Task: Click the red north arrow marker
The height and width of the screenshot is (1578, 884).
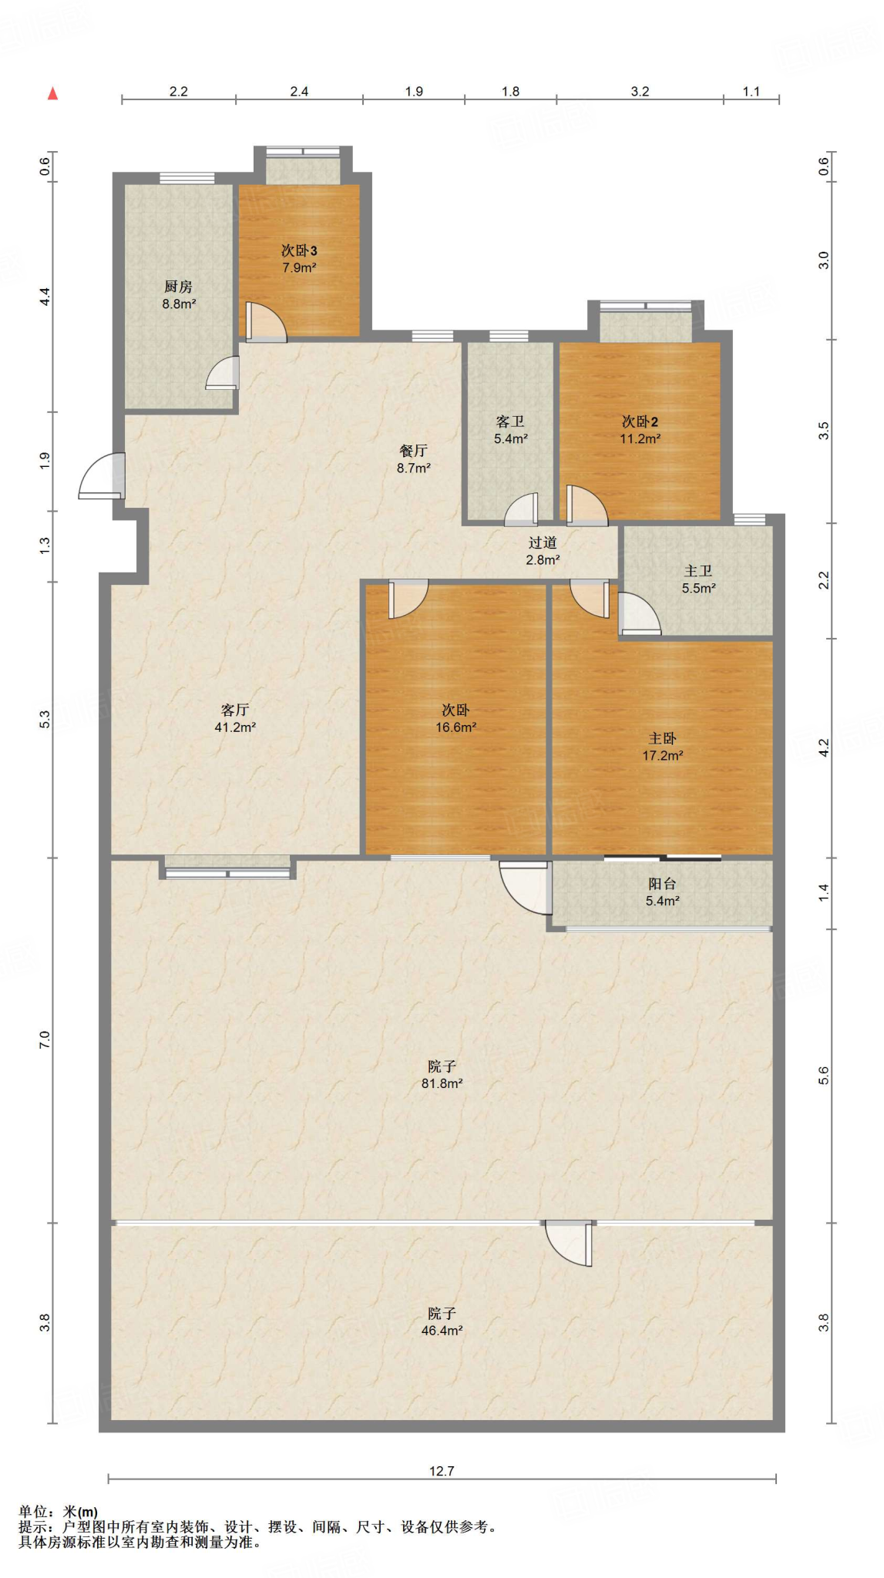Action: point(52,94)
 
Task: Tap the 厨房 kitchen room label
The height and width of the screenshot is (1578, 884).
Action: point(178,287)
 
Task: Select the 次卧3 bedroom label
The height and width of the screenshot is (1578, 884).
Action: point(299,250)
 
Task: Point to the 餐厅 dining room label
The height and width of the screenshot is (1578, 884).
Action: point(413,451)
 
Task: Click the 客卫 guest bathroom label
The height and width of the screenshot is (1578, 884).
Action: point(510,421)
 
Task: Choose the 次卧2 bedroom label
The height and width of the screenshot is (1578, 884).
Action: point(640,421)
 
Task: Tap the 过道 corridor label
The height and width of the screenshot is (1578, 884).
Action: point(543,542)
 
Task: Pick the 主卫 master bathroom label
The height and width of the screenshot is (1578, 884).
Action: point(698,571)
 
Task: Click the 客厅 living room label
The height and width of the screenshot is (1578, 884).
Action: point(235,710)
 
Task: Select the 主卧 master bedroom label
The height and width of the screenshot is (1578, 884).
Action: point(662,738)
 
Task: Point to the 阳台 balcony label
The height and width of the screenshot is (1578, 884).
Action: point(662,884)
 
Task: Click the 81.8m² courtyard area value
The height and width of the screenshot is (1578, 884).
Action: point(442,1083)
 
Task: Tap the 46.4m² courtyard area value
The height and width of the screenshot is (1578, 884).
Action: point(442,1331)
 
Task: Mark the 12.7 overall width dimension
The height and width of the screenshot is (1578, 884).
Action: point(442,1471)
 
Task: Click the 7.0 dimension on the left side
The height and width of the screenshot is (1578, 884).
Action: point(45,1039)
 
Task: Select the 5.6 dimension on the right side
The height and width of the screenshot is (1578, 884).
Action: point(823,1076)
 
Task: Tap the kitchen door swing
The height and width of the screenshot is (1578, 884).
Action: point(223,373)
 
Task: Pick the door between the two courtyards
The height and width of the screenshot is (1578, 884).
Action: point(570,1243)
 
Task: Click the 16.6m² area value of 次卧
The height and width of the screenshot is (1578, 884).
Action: point(455,727)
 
